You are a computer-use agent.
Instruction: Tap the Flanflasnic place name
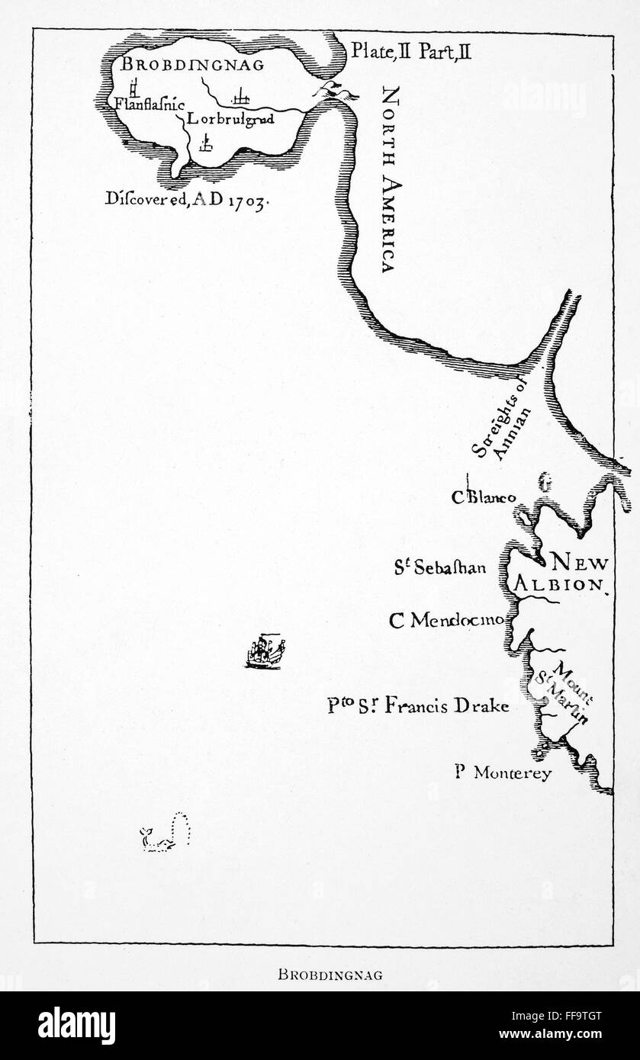[x=150, y=104]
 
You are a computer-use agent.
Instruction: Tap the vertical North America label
[x=388, y=179]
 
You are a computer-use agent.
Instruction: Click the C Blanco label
[x=483, y=497]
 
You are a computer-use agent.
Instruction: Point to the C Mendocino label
[x=446, y=620]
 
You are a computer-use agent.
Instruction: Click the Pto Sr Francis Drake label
[x=418, y=705]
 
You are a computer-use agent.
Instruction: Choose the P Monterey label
[x=502, y=772]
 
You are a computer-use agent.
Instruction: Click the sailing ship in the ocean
[x=264, y=651]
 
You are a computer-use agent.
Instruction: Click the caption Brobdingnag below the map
[x=320, y=974]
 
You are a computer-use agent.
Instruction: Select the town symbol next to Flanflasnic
[x=133, y=86]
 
